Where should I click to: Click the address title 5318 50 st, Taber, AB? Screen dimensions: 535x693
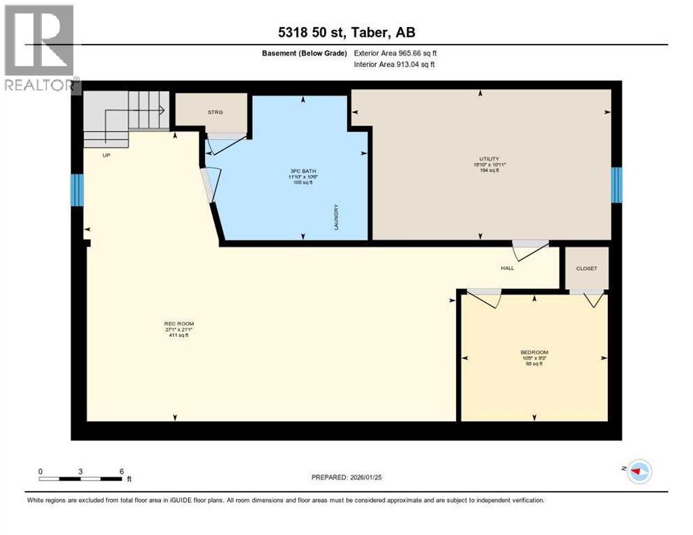point(346,32)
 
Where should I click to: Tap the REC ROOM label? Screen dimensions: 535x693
point(178,324)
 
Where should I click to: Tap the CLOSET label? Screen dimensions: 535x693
point(586,268)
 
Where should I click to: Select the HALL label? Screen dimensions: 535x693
point(508,268)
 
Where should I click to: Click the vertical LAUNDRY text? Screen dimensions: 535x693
point(336,217)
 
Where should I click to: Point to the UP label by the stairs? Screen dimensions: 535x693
point(107,155)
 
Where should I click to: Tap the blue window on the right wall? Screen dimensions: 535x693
point(616,185)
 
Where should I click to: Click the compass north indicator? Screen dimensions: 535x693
point(637,472)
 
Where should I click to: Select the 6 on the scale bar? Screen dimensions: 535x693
point(122,472)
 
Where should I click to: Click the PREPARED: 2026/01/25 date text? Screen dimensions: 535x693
point(346,477)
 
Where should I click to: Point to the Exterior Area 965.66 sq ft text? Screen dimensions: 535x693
point(395,53)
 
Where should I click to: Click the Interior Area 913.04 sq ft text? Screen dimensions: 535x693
point(395,65)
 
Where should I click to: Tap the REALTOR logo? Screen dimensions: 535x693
point(40,49)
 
